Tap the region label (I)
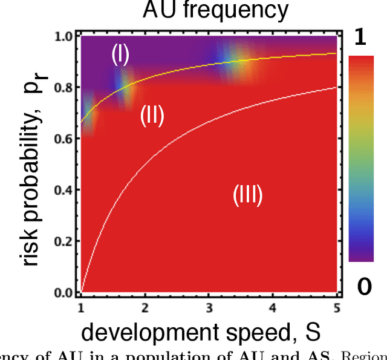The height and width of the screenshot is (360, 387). [120, 55]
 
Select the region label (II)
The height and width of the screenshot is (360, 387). [152, 115]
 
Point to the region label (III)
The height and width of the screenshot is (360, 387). [248, 195]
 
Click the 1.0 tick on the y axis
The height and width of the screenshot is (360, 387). [64, 37]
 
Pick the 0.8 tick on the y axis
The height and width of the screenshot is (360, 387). [64, 88]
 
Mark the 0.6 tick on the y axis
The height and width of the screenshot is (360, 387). [64, 139]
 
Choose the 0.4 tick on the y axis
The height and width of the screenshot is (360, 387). [64, 190]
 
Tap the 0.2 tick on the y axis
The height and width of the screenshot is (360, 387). [64, 241]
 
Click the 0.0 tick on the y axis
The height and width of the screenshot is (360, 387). [64, 293]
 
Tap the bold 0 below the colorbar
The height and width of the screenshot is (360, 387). [364, 287]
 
